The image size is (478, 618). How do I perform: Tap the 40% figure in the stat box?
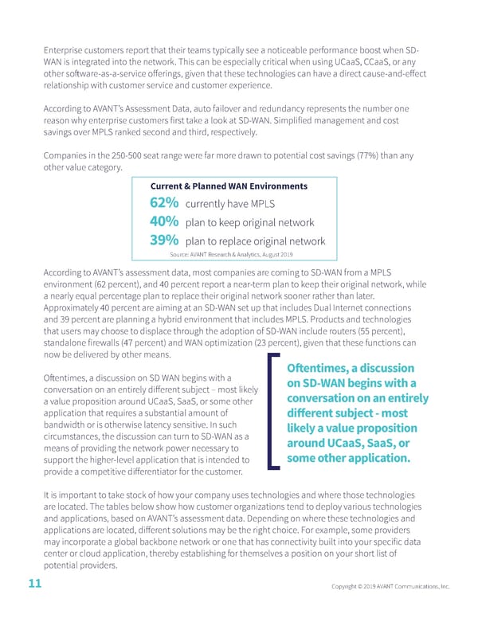pyautogui.click(x=164, y=221)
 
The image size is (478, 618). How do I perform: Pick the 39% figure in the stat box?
pyautogui.click(x=164, y=241)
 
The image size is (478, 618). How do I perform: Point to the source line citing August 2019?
pyautogui.click(x=232, y=254)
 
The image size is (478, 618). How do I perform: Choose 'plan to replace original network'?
pyautogui.click(x=255, y=241)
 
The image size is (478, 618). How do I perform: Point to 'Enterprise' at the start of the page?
pyautogui.click(x=64, y=53)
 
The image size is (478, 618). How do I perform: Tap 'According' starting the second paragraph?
pyautogui.click(x=66, y=108)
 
